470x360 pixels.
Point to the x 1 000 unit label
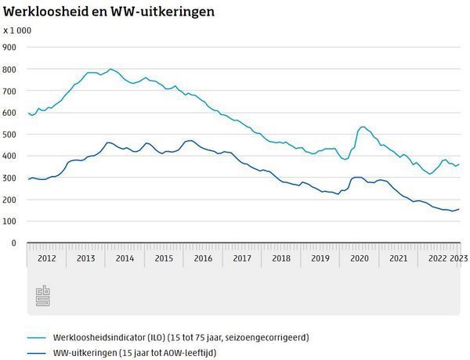pyautogui.click(x=18, y=31)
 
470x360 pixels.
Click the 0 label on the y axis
pyautogui.click(x=13, y=243)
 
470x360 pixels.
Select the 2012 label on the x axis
pyautogui.click(x=46, y=258)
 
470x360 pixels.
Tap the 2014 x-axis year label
pyautogui.click(x=125, y=258)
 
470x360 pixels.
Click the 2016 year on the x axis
pyautogui.click(x=203, y=258)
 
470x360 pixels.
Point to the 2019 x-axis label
pyautogui.click(x=320, y=258)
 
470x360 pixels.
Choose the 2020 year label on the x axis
pyautogui.click(x=360, y=258)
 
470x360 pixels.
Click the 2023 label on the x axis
pyautogui.click(x=460, y=258)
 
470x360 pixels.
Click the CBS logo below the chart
pyautogui.click(x=42, y=296)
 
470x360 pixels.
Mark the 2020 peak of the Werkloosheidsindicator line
pyautogui.click(x=362, y=127)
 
